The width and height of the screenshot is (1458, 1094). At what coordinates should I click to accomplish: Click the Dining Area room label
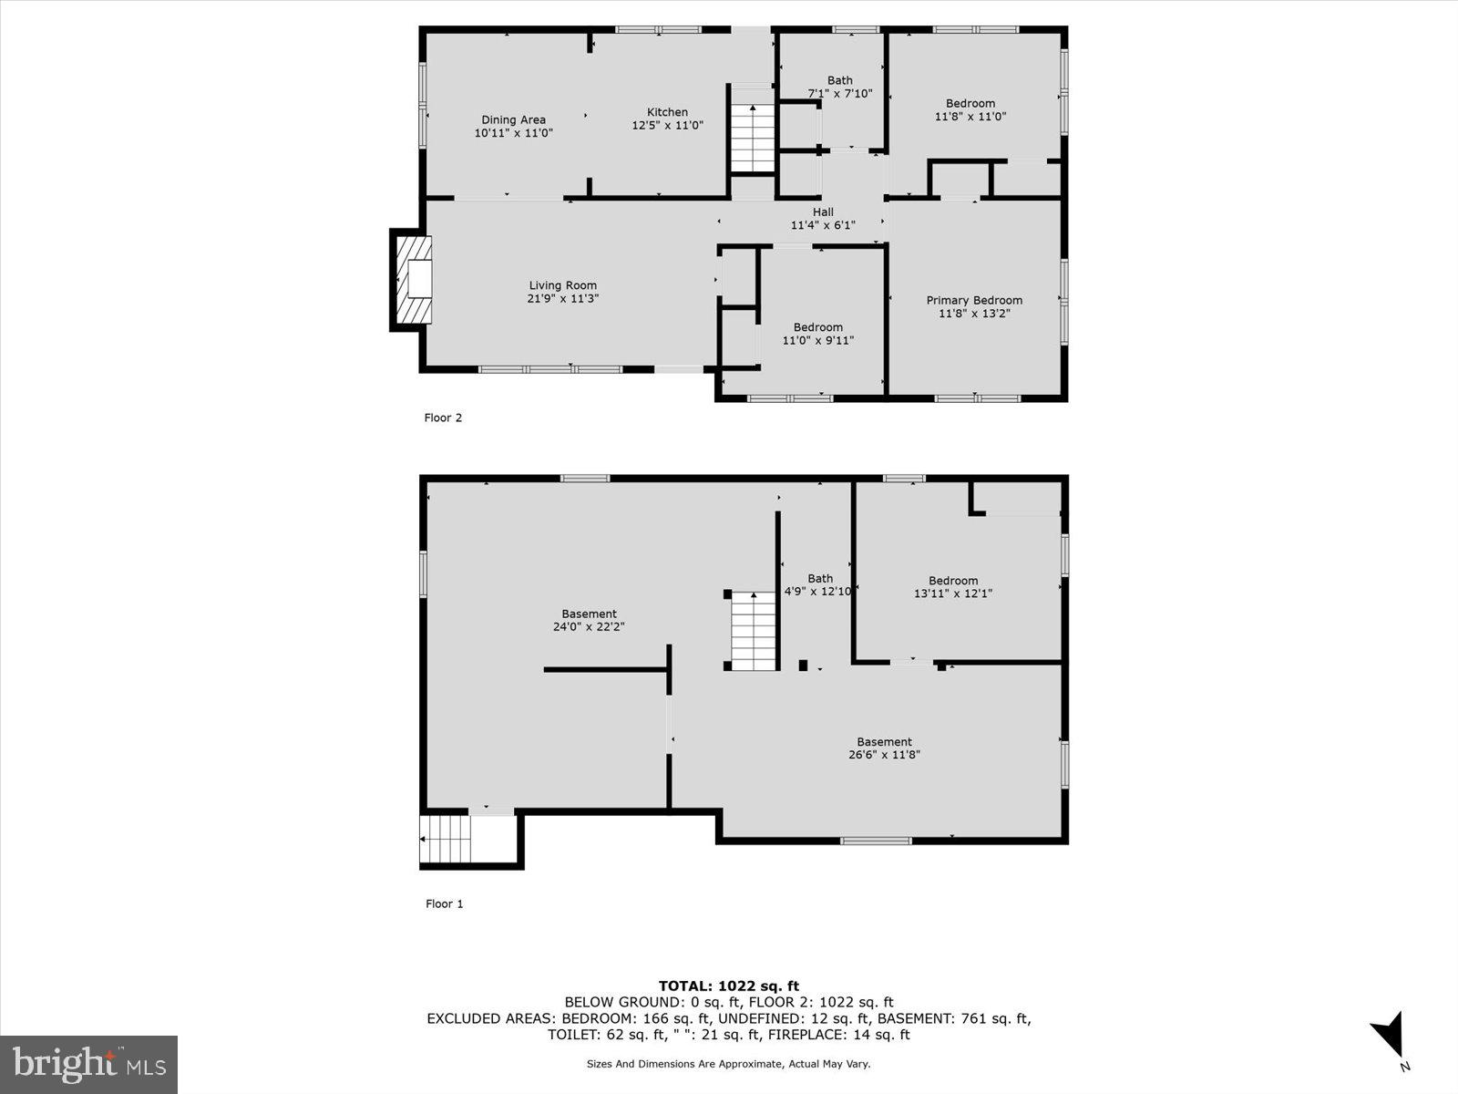[513, 119]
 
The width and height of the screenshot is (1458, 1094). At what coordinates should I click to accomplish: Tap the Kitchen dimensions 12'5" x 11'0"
[667, 126]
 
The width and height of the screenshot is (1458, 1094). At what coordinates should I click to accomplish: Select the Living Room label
[562, 285]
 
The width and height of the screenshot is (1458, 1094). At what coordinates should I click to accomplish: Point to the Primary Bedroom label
[974, 300]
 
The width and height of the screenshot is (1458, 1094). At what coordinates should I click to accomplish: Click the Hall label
[823, 212]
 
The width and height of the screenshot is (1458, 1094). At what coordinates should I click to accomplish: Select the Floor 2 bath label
[839, 80]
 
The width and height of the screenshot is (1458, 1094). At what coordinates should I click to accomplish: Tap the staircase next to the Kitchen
[753, 138]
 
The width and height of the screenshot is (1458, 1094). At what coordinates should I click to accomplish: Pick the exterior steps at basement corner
[445, 840]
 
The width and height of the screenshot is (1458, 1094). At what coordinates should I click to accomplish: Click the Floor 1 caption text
[445, 903]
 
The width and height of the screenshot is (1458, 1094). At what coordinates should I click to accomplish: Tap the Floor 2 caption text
[444, 418]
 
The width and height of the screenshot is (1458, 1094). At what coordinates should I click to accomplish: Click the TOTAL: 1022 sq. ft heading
[728, 986]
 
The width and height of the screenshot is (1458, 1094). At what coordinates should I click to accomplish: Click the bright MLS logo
[88, 1064]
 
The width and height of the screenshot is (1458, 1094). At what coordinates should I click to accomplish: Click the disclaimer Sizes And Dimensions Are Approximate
[728, 1064]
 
